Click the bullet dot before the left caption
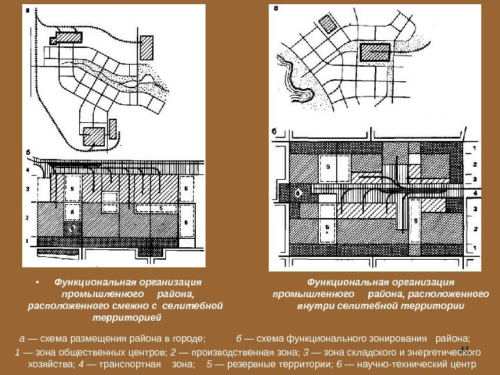(x=36, y=283)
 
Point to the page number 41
(x=465, y=349)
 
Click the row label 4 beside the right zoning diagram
(x=474, y=192)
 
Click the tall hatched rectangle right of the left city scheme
(x=112, y=129)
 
